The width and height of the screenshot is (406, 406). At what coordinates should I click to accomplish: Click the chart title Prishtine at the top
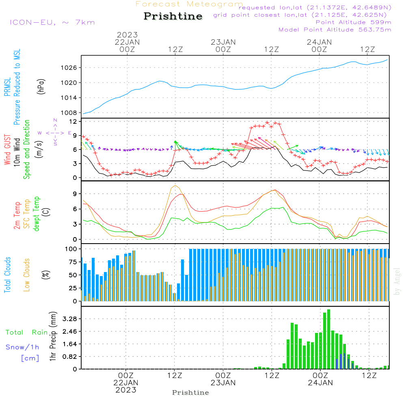173,16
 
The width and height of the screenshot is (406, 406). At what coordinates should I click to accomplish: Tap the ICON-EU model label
52,22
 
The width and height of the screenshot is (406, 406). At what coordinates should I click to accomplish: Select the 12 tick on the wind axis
73,121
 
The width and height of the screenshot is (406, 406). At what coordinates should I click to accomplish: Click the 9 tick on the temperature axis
75,194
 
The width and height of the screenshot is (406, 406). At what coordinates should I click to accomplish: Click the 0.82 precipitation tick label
70,356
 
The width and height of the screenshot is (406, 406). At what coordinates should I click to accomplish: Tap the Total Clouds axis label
7,275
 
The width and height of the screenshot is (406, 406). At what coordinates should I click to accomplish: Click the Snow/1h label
23,347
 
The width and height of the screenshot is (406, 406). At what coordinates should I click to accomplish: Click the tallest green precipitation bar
328,339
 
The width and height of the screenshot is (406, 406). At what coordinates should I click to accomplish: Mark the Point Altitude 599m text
353,22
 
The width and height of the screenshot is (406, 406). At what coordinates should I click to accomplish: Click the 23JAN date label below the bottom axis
223,383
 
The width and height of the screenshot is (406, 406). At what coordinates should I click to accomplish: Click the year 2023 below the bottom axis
126,390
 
